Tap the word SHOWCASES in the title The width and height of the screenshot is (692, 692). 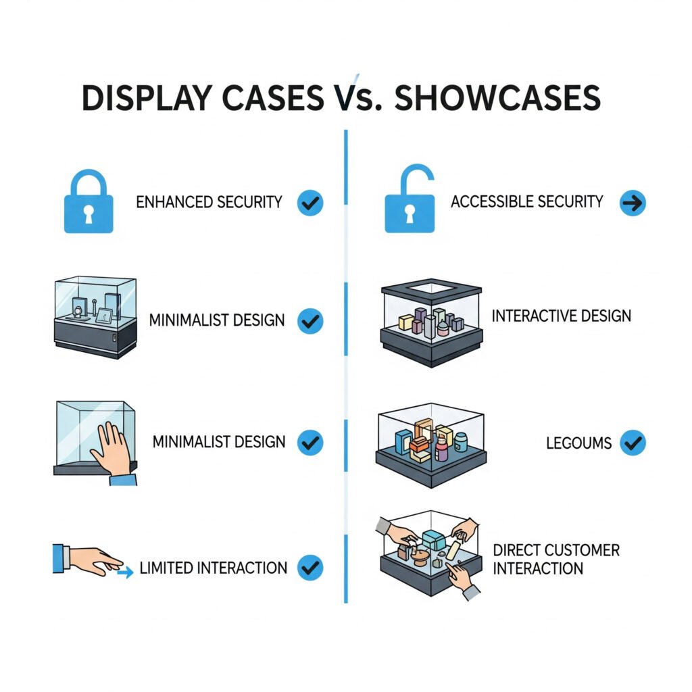(x=497, y=98)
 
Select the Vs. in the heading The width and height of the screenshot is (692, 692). (x=355, y=98)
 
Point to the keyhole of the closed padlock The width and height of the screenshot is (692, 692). (x=89, y=214)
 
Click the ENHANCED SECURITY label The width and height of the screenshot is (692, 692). (x=209, y=202)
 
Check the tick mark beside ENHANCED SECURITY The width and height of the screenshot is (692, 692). (x=310, y=202)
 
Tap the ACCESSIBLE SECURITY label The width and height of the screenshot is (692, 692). (x=526, y=201)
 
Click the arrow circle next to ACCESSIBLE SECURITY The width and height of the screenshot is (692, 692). (x=633, y=202)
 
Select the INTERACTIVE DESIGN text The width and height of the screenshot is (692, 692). (x=562, y=316)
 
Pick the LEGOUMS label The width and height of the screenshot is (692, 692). (x=578, y=443)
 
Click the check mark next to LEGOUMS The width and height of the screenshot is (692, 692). (x=633, y=443)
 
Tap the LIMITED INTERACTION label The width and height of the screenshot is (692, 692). (x=214, y=568)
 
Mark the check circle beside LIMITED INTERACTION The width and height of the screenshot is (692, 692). (x=310, y=568)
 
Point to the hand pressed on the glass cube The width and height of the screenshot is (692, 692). (x=112, y=449)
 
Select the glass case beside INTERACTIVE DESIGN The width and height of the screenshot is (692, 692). (x=431, y=323)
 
